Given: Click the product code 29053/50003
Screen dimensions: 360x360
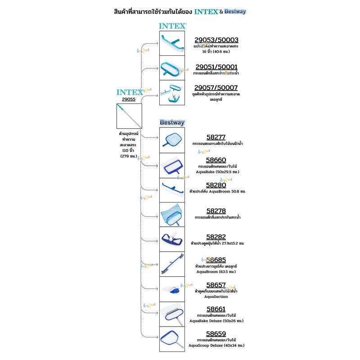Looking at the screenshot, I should point(220,40).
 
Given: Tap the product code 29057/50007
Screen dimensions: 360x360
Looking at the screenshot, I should point(220,87).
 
